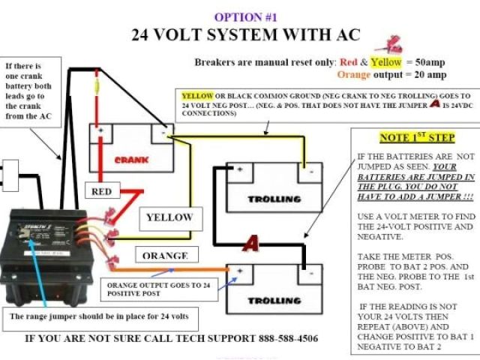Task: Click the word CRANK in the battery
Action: (x=131, y=160)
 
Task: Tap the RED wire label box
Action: (x=101, y=192)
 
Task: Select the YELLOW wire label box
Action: (x=169, y=218)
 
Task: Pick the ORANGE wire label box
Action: (x=165, y=256)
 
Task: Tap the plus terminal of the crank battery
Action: (x=99, y=132)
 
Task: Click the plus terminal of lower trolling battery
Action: (x=240, y=270)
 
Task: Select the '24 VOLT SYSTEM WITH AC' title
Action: (x=246, y=34)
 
